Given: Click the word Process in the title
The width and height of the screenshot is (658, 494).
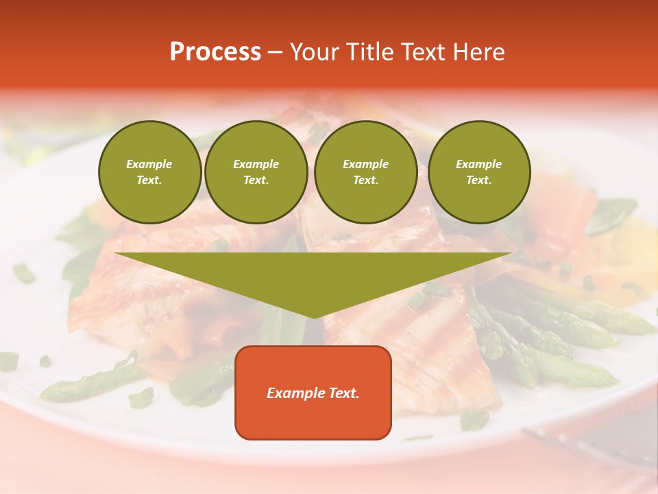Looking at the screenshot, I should click(215, 52).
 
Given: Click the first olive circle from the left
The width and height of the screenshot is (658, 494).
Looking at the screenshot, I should click(149, 172).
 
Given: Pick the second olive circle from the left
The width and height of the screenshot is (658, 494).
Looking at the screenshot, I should click(256, 172).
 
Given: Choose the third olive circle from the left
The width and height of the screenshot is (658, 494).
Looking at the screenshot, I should click(365, 172).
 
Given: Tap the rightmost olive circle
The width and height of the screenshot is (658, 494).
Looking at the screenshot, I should click(478, 172).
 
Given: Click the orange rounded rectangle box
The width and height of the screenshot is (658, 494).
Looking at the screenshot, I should click(313, 392).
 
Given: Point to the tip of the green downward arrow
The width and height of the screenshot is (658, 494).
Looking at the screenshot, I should click(313, 316).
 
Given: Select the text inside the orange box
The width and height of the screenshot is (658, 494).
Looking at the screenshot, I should click(313, 393).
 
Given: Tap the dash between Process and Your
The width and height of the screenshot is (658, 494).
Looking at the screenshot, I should click(275, 52).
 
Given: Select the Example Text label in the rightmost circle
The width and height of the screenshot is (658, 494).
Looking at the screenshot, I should click(478, 172).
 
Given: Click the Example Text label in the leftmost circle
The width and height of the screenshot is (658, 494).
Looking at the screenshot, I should click(149, 172).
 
